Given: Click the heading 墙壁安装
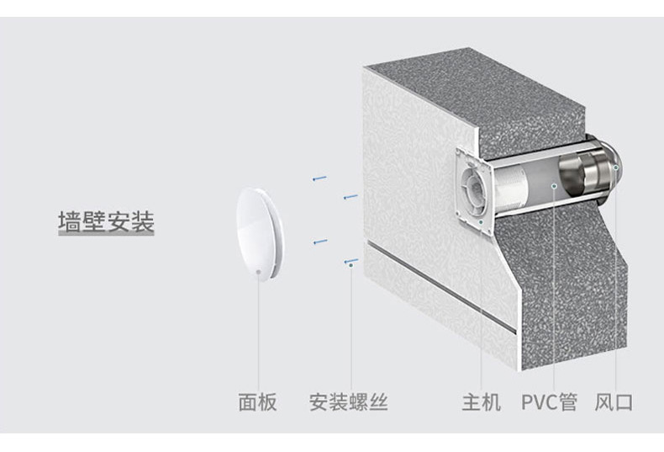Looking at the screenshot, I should (x=106, y=222).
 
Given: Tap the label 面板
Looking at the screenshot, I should (x=257, y=401).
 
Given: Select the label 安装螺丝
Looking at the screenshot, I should (x=348, y=401).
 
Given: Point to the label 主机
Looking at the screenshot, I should (x=481, y=401).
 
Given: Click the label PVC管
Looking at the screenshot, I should (x=549, y=401).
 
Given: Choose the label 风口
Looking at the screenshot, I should (x=614, y=401).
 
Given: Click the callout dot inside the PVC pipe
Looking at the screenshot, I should (x=554, y=186).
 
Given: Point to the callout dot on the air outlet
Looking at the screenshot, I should (x=615, y=168).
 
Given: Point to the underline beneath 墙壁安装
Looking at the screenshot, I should (x=106, y=239).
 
